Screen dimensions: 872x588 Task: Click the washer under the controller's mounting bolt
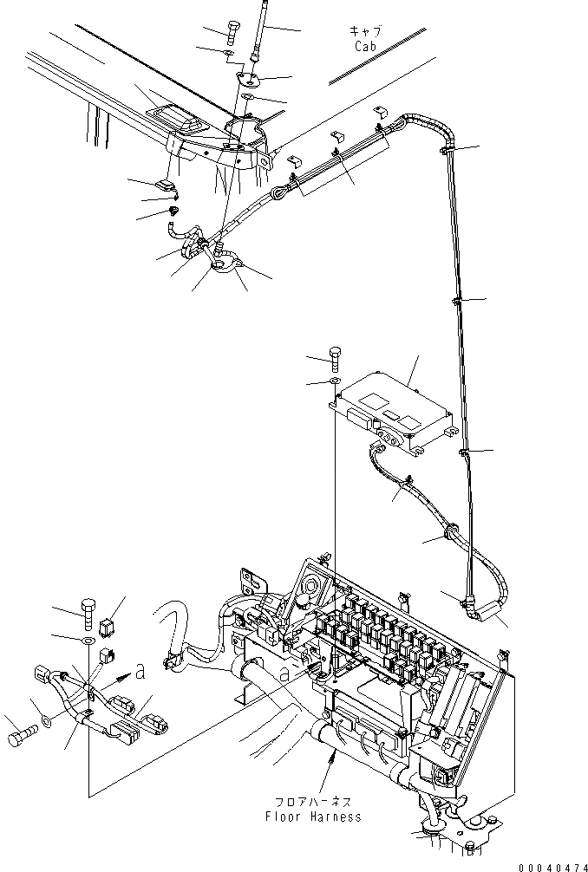coord(335,381)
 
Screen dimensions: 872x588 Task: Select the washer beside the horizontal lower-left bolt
coord(46,721)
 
